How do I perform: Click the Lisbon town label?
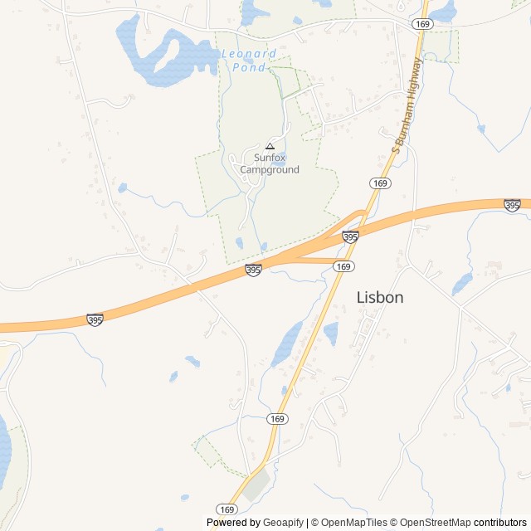tap(380, 297)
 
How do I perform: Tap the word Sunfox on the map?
tap(269, 158)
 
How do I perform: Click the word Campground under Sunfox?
tap(269, 169)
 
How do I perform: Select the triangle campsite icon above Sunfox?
tap(269, 145)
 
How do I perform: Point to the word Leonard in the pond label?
tap(249, 54)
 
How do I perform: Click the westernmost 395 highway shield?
tap(95, 319)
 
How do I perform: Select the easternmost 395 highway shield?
tap(512, 205)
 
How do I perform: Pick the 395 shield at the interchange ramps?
tap(350, 237)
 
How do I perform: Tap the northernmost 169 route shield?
tap(423, 24)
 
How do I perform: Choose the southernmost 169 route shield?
tap(227, 509)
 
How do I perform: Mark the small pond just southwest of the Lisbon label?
tap(331, 334)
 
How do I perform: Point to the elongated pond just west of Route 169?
tap(286, 343)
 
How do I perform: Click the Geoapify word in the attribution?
tap(284, 523)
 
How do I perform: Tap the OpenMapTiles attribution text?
tap(353, 523)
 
